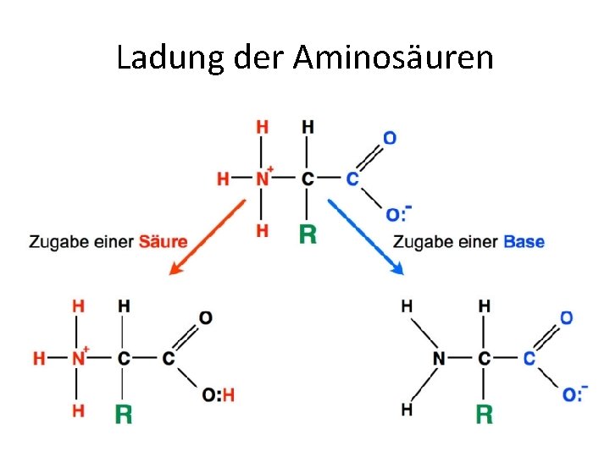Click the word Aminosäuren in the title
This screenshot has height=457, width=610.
coord(393,58)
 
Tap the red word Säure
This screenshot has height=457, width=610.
coord(164,242)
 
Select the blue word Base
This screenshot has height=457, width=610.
coord(524,242)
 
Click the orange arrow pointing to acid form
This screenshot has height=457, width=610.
coord(207,236)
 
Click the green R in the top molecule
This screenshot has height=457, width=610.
coord(308,234)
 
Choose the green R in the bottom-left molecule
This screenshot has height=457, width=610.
coord(124,413)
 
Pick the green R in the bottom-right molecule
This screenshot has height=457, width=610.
coord(485,414)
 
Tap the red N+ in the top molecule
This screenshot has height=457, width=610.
coord(263,179)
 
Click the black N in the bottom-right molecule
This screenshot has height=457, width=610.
coord(439,359)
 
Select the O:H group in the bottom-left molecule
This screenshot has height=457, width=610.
coord(218,394)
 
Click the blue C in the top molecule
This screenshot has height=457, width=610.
coord(352,179)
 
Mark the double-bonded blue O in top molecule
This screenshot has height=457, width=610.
coord(390,137)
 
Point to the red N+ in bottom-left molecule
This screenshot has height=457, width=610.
coord(79,358)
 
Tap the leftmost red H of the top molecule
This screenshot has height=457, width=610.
coord(223,179)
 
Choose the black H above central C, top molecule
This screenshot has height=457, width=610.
coord(308,127)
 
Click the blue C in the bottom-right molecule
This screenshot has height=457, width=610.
coord(530,359)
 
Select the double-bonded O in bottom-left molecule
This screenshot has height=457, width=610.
coord(206,317)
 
